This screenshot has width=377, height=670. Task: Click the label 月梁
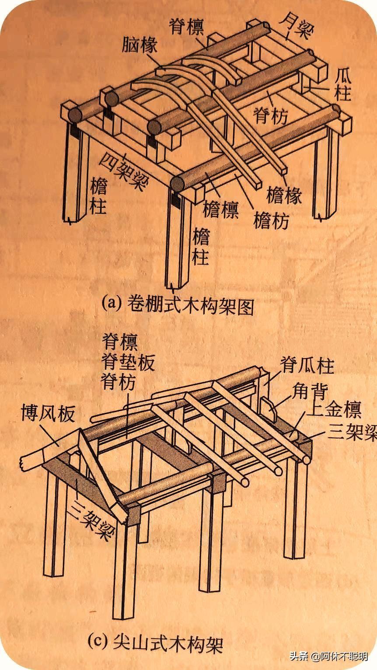[x=297, y=26]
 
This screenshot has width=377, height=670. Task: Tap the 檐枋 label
[x=272, y=221]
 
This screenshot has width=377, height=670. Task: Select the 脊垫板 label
[x=128, y=362]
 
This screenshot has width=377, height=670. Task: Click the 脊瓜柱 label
[x=307, y=366]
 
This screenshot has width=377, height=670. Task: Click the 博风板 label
[x=48, y=413]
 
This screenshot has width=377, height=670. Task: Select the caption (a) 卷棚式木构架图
[x=178, y=306]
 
